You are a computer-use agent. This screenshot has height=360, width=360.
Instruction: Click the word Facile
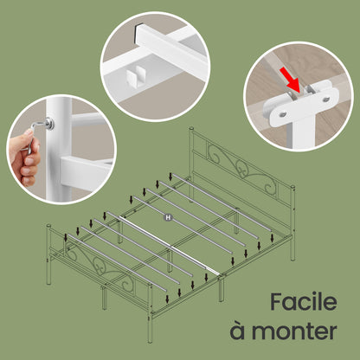click(x=304, y=301)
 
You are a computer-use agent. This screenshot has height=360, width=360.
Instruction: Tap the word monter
click(x=294, y=331)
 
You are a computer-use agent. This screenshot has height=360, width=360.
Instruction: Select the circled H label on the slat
click(x=168, y=217)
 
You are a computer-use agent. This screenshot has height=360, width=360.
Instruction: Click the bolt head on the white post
click(x=49, y=124)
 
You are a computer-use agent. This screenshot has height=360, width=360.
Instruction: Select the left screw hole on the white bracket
click(x=282, y=115)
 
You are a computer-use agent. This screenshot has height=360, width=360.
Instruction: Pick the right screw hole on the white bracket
click(x=326, y=100)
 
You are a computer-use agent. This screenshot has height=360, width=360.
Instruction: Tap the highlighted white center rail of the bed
click(x=170, y=246)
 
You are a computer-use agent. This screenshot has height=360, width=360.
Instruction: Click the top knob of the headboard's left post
click(x=191, y=128)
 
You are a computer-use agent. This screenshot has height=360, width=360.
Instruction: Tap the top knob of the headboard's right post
click(x=292, y=188)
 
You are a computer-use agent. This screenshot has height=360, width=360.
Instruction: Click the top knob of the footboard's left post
click(x=48, y=225)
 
